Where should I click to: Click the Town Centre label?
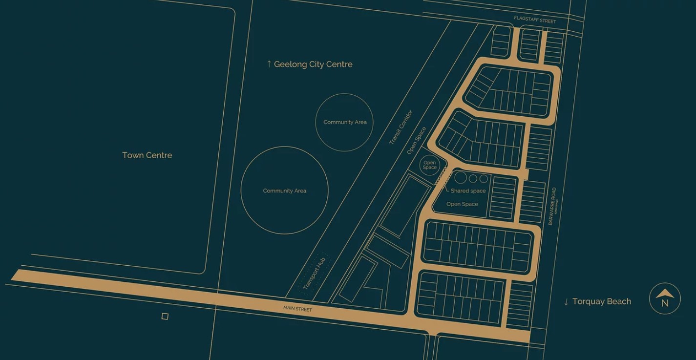[x=147, y=155]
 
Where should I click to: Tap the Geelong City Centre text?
[x=313, y=64]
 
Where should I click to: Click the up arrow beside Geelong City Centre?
[x=269, y=64]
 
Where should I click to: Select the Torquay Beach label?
[x=601, y=301]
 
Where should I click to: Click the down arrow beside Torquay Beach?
[x=566, y=302]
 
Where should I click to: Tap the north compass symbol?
[x=665, y=298]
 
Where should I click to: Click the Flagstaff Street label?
[x=535, y=20]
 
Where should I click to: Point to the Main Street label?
[x=297, y=309]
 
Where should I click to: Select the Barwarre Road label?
[x=552, y=206]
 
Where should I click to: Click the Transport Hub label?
[x=314, y=273]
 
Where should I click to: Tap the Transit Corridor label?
[x=401, y=127]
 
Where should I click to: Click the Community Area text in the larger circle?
[x=284, y=191]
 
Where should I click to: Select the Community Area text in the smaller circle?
[x=345, y=122]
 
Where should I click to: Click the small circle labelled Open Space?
[x=430, y=165]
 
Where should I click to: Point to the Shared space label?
[x=468, y=191]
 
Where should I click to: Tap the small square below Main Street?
[x=165, y=317]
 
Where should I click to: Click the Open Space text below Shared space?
[x=462, y=204]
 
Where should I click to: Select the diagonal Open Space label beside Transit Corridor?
[x=417, y=141]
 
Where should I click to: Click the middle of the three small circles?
[x=473, y=178]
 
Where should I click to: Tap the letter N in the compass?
[x=665, y=303]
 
